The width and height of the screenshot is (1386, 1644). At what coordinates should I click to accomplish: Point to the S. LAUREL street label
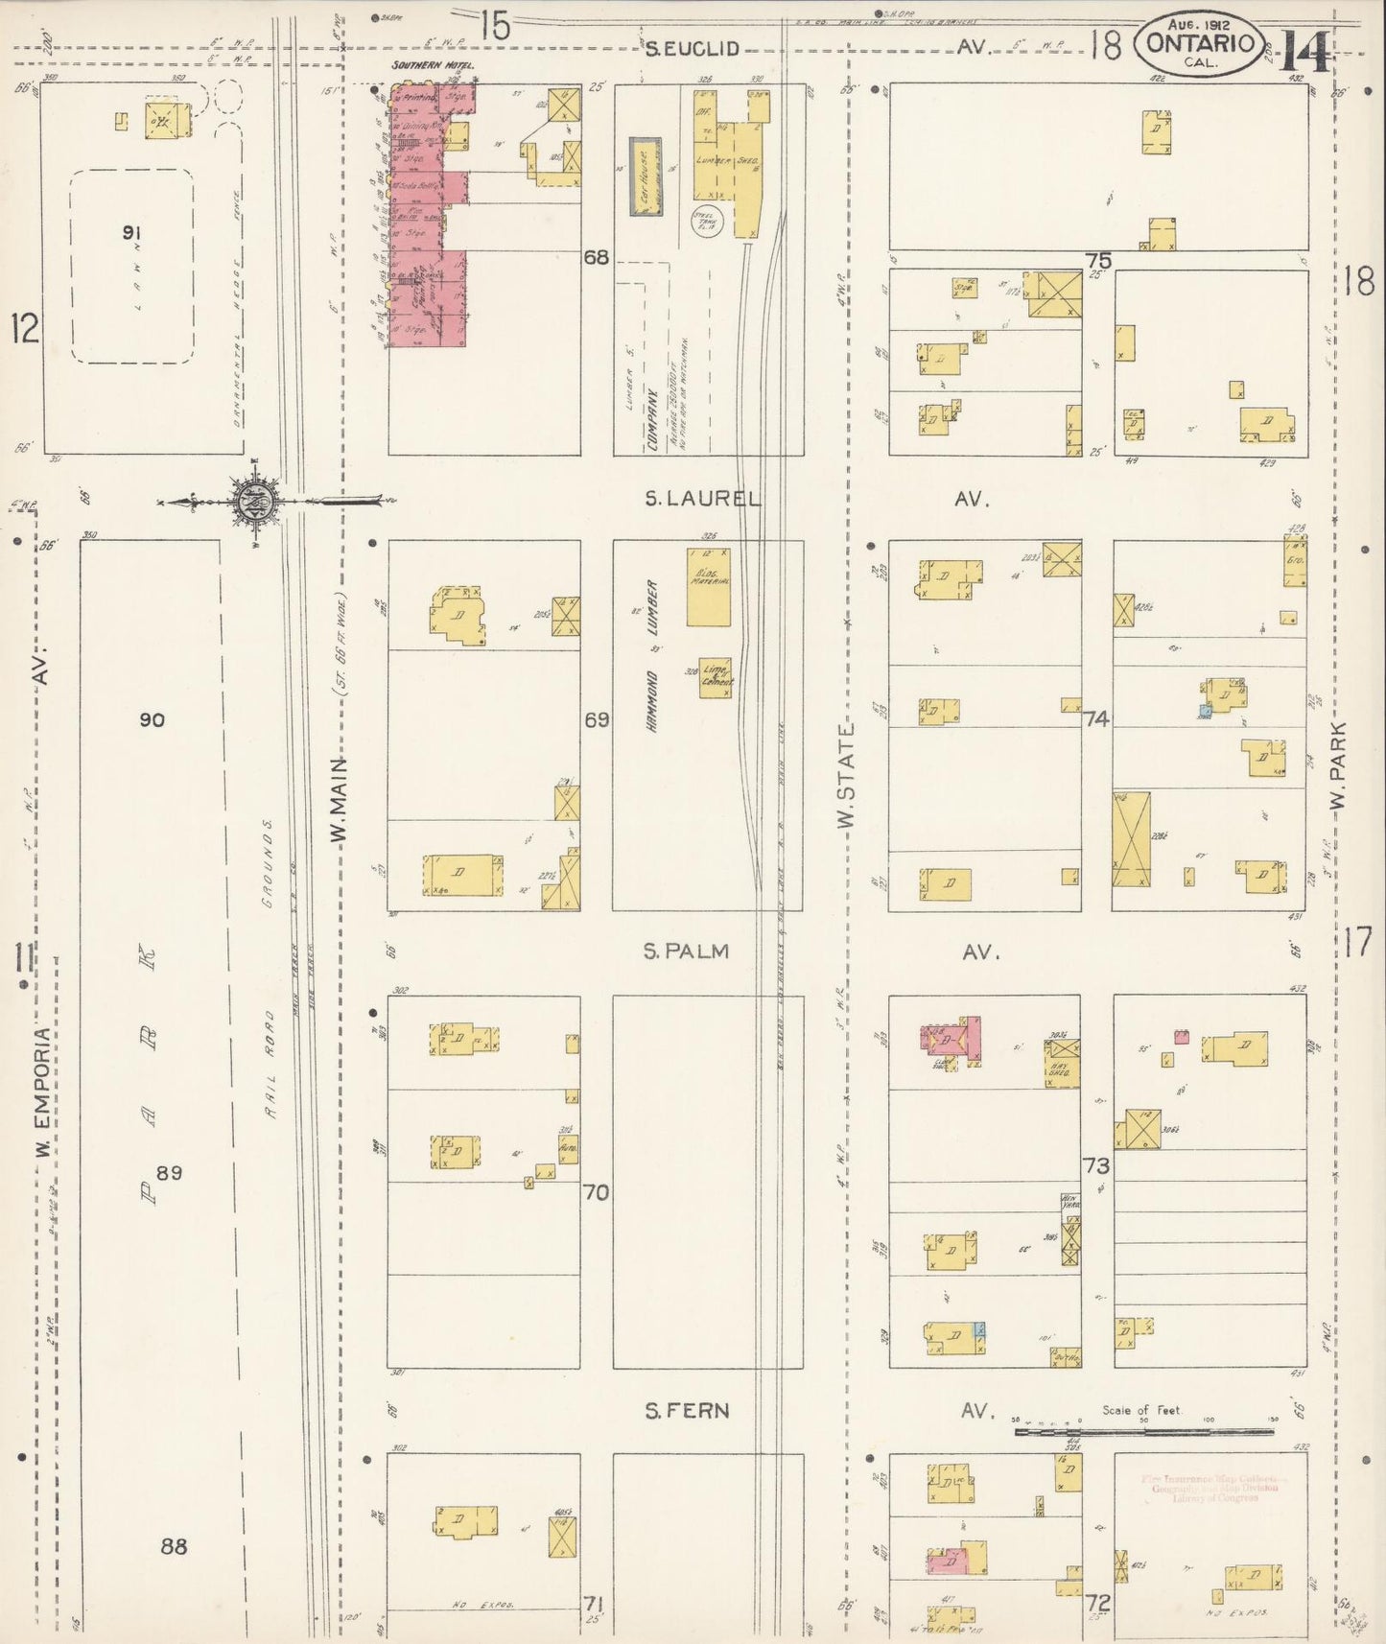(x=703, y=499)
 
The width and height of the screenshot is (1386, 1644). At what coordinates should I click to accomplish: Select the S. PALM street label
(x=687, y=951)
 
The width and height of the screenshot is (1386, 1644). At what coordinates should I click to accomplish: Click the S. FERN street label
(x=687, y=1410)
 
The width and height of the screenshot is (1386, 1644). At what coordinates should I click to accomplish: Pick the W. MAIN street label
(x=338, y=801)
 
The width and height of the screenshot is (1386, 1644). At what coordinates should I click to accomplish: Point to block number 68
(x=597, y=257)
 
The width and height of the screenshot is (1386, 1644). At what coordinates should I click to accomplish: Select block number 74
(x=1096, y=718)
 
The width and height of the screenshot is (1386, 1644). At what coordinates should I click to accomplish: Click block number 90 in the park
(x=152, y=719)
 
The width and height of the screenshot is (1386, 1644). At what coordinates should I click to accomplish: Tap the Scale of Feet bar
(x=1143, y=1431)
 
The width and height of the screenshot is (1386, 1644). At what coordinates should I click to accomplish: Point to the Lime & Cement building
(x=716, y=676)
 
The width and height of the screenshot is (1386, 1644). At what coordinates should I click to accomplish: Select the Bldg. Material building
(x=708, y=587)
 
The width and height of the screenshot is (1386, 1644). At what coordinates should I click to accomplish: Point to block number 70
(x=597, y=1192)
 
